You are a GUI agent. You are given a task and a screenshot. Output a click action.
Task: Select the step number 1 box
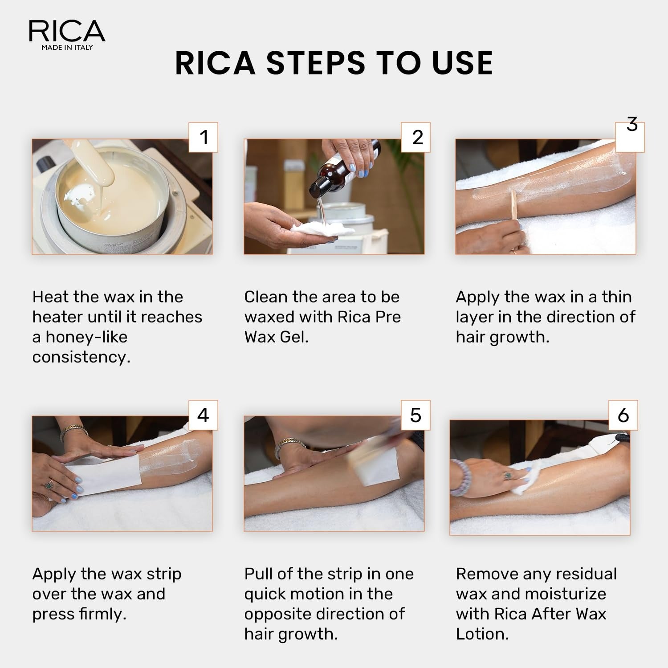click(x=204, y=137)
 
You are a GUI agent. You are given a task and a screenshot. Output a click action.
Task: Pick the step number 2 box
click(x=416, y=137)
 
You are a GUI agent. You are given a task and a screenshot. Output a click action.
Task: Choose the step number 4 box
click(x=203, y=415)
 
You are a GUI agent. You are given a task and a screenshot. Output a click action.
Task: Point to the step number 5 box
click(x=415, y=415)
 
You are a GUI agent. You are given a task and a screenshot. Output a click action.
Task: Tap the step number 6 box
click(x=623, y=415)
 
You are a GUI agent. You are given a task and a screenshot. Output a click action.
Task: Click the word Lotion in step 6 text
click(x=482, y=634)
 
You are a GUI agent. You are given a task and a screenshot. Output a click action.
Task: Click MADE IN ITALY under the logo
click(x=67, y=47)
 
